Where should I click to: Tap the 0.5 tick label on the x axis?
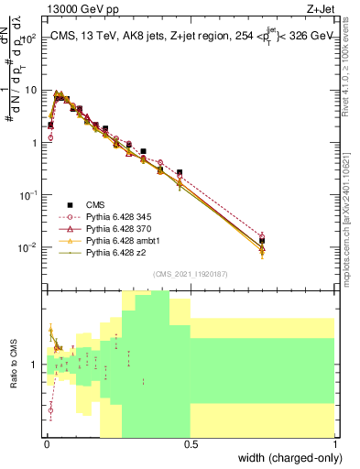(191, 443)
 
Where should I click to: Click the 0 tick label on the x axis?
(46, 443)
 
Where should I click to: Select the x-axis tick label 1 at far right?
(335, 443)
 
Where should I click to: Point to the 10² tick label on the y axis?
(29, 38)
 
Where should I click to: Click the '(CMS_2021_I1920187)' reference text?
(190, 273)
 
